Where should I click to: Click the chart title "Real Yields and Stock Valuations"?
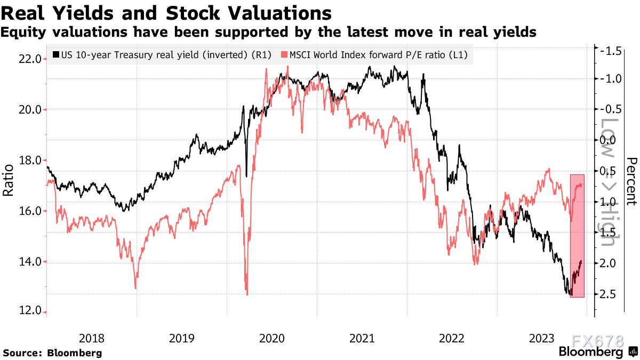tap(166, 13)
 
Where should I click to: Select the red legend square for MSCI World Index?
tap(284, 55)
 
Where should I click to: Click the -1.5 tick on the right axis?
tap(610, 51)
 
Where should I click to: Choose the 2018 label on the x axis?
tap(91, 338)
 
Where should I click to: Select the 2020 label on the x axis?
tap(271, 338)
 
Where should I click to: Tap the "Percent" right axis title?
tap(631, 181)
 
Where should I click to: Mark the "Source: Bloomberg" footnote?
tap(52, 353)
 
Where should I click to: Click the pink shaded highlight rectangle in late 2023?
tap(577, 235)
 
